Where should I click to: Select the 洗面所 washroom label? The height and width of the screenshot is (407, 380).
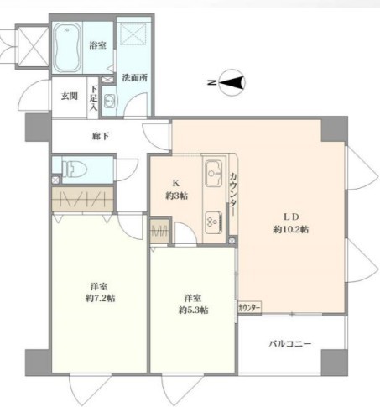click(x=134, y=78)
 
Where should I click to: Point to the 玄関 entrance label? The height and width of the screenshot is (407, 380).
click(x=69, y=96)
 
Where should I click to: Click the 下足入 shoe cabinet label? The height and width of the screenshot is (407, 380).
click(x=94, y=98)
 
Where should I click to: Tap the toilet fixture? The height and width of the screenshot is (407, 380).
click(x=72, y=169)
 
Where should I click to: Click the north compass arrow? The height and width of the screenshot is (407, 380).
click(x=236, y=82)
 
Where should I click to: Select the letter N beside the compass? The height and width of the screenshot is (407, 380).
click(x=211, y=82)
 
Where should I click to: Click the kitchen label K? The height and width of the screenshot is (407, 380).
click(x=176, y=183)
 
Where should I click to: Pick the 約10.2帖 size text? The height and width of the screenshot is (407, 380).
click(x=291, y=229)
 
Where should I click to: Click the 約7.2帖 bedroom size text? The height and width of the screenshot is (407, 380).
click(x=100, y=297)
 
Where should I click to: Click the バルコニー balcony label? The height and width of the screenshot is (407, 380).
click(x=290, y=344)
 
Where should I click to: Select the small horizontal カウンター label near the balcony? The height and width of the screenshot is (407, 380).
click(x=249, y=308)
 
